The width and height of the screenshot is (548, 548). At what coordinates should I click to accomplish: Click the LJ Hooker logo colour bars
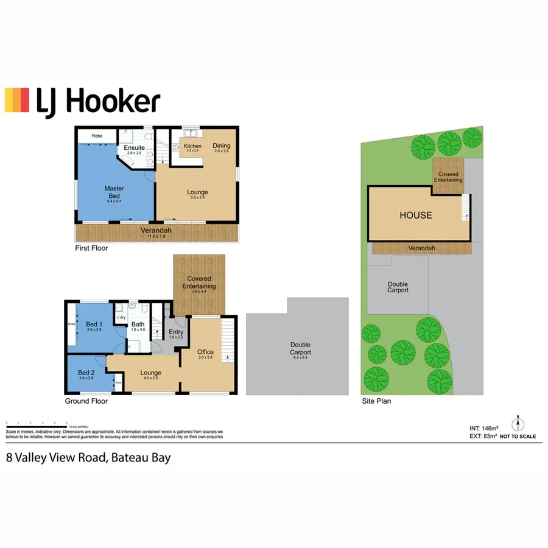(16, 100)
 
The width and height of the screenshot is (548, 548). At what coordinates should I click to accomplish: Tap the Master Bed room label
(114, 192)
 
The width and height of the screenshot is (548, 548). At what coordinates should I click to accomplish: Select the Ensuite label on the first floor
(134, 148)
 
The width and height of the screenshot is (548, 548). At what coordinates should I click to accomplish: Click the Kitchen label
(192, 146)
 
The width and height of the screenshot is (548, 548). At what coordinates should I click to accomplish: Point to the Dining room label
(222, 146)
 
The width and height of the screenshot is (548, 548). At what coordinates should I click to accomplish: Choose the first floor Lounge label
(197, 192)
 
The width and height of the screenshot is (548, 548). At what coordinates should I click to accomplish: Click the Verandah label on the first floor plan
(156, 231)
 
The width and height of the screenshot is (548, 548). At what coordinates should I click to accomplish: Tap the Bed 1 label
(93, 324)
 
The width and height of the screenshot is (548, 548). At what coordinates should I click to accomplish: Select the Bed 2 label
(86, 373)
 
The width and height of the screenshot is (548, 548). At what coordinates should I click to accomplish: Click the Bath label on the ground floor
(138, 325)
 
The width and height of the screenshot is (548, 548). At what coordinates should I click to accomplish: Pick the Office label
(205, 352)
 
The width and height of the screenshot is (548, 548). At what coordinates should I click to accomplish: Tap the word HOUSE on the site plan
(416, 215)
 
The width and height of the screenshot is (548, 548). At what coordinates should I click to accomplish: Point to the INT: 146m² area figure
(480, 429)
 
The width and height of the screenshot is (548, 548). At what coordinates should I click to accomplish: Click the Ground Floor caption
(86, 401)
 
